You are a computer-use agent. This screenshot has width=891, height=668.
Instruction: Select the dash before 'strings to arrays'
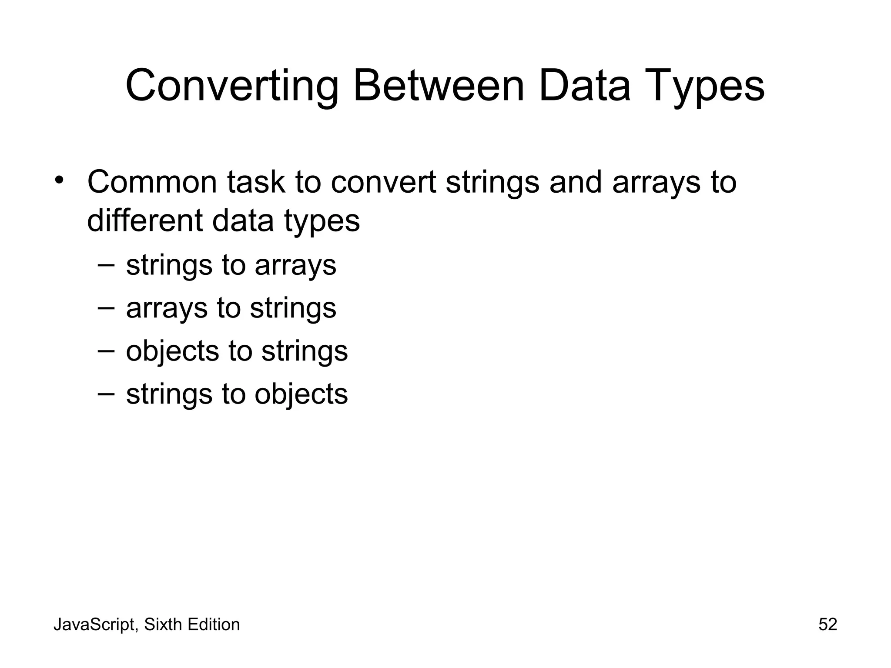tap(106, 264)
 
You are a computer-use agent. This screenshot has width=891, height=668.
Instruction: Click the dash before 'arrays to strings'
tap(106, 307)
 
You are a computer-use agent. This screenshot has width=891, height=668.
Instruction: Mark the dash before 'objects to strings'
tap(106, 351)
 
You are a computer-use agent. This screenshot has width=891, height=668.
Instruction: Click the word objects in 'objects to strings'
tap(172, 351)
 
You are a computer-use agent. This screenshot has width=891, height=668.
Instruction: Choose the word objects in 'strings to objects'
tap(301, 394)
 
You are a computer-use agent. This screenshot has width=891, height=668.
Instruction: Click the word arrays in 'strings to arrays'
tap(295, 265)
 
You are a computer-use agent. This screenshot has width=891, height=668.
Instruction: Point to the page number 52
tap(827, 625)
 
